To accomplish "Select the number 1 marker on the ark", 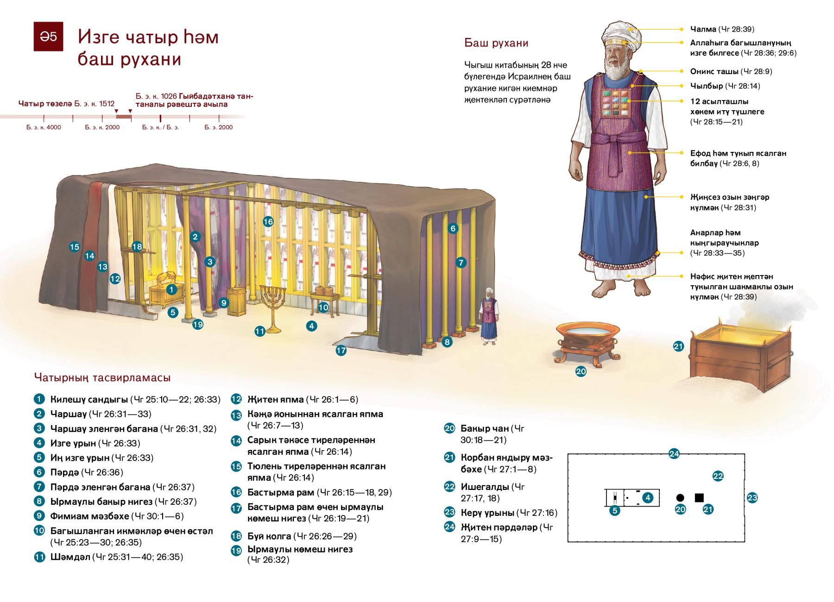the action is click(x=172, y=290).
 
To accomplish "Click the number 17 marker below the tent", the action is click(x=341, y=351).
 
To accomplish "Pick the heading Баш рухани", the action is click(x=496, y=43).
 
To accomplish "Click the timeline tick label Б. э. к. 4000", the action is click(x=44, y=127).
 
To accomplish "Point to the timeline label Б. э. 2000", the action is click(x=219, y=127).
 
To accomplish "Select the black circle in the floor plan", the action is click(x=680, y=498).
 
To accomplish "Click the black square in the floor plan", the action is click(x=699, y=498).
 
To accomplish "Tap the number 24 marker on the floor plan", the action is click(x=674, y=454).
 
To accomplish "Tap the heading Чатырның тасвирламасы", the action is click(x=102, y=378).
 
